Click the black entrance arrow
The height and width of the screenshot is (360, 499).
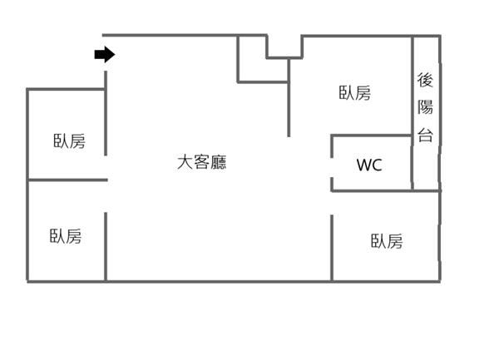[x=104, y=55]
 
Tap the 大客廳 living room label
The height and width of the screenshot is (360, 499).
[x=201, y=162]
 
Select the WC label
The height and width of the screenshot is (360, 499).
[x=369, y=165]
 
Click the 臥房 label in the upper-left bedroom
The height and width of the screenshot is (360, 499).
[x=68, y=141]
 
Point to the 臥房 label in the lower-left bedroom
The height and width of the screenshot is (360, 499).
[x=66, y=236]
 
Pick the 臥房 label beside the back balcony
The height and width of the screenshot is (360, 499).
[x=354, y=93]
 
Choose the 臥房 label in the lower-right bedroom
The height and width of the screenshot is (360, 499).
[x=387, y=241]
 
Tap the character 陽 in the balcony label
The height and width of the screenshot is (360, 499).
[x=425, y=107]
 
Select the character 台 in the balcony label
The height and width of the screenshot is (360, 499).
[x=425, y=134]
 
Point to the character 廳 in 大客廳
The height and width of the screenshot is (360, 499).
[x=218, y=162]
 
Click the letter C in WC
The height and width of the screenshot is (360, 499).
[x=376, y=165]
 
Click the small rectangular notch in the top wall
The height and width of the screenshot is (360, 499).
[x=284, y=47]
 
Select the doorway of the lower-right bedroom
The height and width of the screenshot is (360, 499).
[x=332, y=203]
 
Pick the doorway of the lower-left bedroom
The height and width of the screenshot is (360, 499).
[x=106, y=196]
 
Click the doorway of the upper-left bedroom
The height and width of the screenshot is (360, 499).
[x=106, y=166]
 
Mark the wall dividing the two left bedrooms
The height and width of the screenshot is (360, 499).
[x=67, y=180]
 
